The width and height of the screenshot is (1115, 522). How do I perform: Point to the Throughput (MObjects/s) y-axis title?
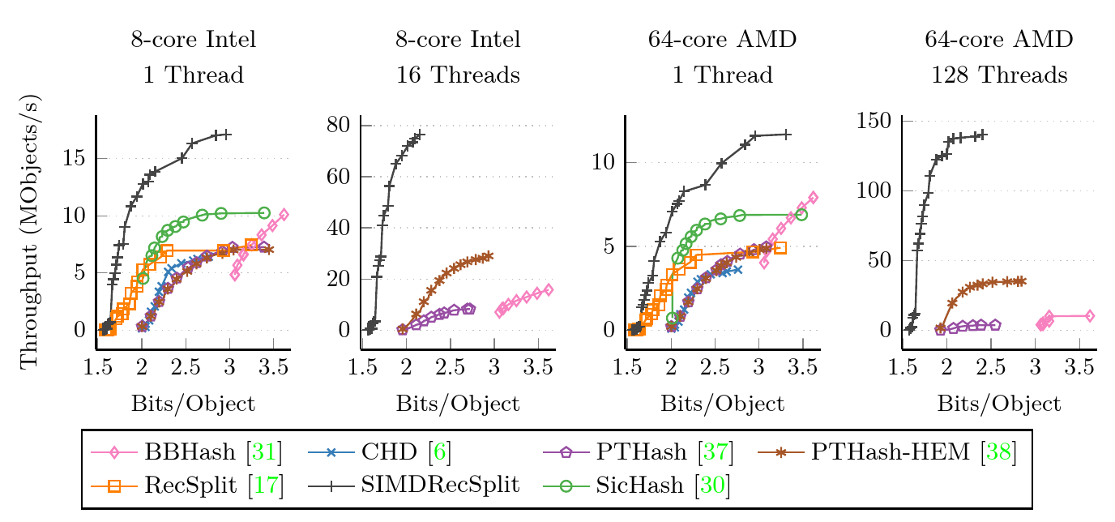30,231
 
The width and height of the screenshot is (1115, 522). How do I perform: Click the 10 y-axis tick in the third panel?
606,162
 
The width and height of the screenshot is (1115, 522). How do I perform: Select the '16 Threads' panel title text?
458,76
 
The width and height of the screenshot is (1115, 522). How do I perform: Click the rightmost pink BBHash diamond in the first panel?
284,215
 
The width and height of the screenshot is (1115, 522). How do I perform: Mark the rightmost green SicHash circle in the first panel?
263,212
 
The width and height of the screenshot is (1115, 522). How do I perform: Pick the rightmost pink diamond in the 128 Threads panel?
1090,315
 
